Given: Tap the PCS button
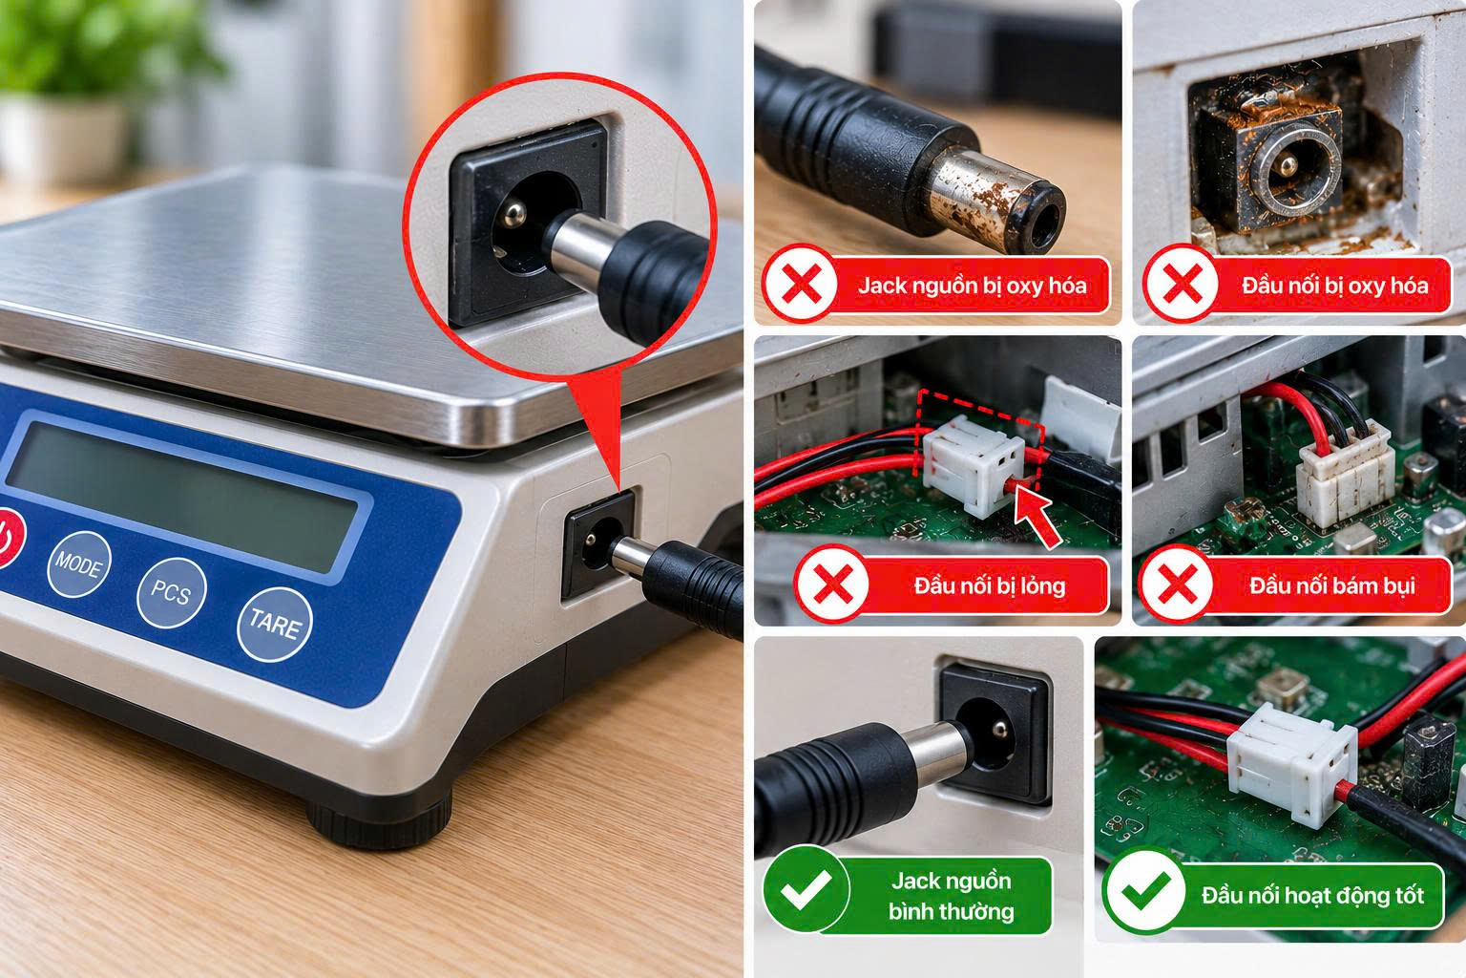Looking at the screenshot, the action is tap(172, 592).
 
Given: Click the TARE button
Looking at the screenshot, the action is tap(275, 624).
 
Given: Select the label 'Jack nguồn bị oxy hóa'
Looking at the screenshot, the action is tap(972, 286).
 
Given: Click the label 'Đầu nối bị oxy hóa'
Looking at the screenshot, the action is tap(1335, 286).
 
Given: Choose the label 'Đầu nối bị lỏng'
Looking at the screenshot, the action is tap(990, 585).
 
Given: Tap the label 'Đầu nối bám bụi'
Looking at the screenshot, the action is tap(1332, 585).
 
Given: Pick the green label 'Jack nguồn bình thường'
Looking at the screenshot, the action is tap(951, 896).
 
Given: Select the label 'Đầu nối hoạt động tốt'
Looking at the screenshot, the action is tap(1313, 896).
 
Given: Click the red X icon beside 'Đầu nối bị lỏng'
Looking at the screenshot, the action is tap(832, 583).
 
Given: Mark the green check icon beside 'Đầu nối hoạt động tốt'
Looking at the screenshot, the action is tap(1144, 891).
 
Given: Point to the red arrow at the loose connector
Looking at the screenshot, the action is tap(1037, 519).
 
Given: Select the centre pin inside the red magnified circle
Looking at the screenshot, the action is tap(513, 213).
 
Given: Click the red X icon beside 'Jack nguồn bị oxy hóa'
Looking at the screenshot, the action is tap(801, 284).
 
